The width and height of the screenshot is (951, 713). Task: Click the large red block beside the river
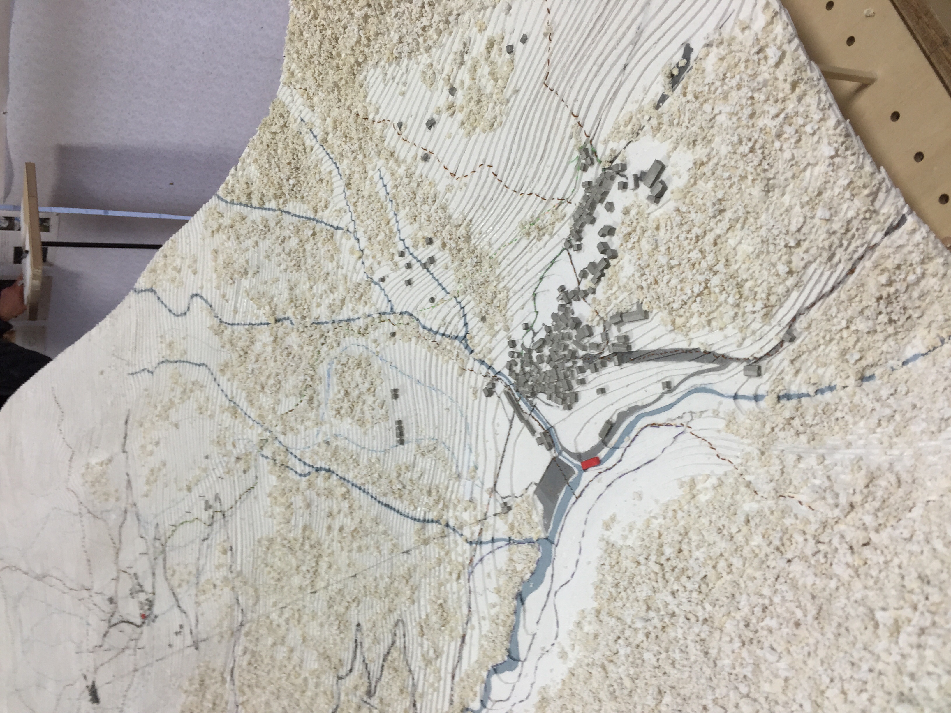pyautogui.click(x=590, y=463)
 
